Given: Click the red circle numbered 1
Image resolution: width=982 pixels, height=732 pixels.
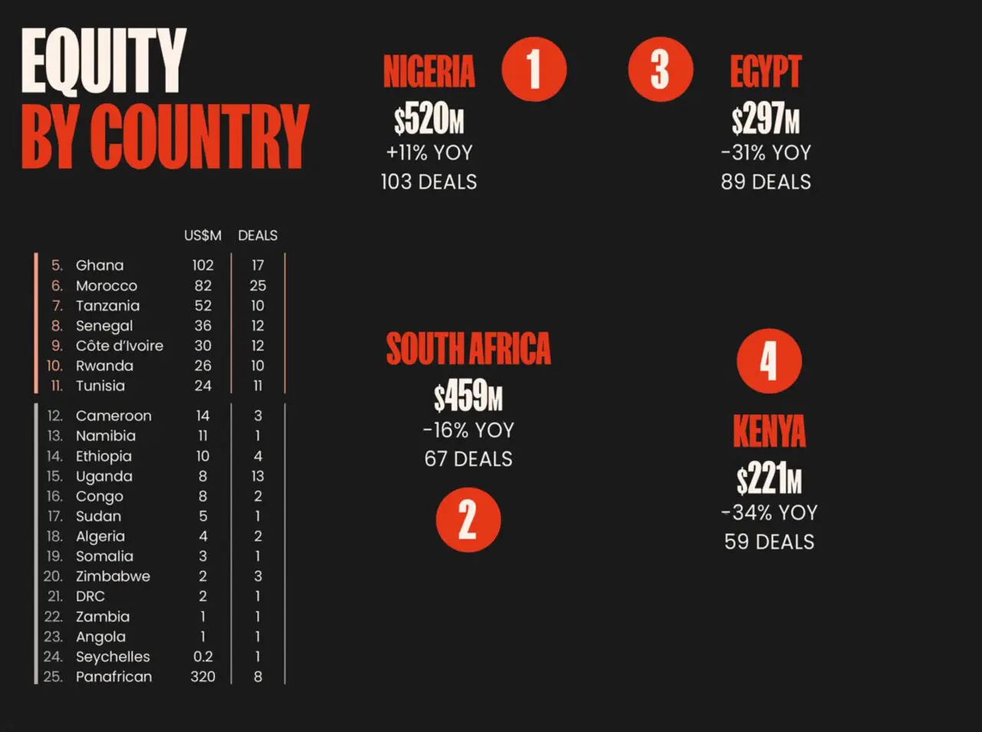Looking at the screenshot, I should point(534,69).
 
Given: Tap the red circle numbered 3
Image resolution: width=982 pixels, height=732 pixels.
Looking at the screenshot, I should point(660,69).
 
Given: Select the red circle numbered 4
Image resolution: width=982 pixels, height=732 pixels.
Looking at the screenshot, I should point(769,361).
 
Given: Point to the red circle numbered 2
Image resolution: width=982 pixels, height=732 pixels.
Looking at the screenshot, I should point(468,519).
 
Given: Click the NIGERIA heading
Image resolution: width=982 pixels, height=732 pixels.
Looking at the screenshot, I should point(429,72).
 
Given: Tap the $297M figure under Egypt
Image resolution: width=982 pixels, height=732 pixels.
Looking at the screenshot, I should point(765,120).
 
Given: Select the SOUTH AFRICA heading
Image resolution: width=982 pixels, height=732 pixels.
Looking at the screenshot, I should point(468,349).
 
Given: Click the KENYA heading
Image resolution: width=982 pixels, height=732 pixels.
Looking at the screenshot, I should point(769,431).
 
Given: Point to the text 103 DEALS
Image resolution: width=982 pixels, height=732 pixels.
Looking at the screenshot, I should point(429,182).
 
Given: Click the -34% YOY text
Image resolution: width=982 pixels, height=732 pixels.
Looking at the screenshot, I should point(769,513).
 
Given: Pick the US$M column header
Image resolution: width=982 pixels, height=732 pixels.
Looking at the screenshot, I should point(203,236).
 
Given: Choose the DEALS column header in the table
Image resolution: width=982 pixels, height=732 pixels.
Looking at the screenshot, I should point(258,236).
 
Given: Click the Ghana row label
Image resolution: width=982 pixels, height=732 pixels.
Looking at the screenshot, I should point(100,265).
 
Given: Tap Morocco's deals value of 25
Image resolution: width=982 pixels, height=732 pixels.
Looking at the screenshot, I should point(258,285).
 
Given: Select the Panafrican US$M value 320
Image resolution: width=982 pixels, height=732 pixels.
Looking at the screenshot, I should point(203,677).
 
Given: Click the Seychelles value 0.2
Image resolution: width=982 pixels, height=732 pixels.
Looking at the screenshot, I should point(203,657).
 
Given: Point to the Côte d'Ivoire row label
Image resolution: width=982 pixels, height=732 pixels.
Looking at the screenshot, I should point(120,346).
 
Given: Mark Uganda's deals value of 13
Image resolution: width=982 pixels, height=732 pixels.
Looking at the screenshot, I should point(258,476).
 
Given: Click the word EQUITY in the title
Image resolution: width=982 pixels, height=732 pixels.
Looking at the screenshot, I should point(104,61).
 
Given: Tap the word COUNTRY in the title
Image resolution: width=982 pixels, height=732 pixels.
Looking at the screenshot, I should point(199,137).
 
